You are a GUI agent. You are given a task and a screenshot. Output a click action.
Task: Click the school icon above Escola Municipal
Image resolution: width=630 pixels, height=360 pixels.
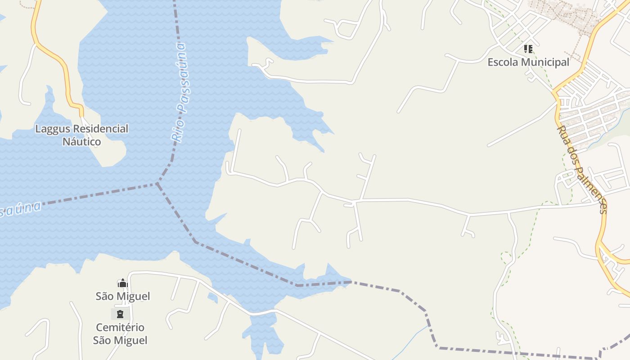[x=528, y=49]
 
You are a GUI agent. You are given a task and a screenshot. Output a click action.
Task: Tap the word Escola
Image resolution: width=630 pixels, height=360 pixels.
[x=502, y=62]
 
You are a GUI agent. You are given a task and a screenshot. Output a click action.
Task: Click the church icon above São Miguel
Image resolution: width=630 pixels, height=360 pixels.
[x=122, y=283]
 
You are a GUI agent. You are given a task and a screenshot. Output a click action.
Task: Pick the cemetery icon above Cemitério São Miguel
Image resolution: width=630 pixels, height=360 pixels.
[x=120, y=314]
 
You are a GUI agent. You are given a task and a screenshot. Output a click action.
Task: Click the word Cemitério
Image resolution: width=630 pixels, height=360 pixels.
[x=120, y=327]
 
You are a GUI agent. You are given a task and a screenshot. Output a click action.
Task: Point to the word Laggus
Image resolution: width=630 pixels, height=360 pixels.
[x=53, y=129]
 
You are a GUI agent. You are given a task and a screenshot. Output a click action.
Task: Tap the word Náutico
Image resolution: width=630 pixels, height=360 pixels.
[x=81, y=142]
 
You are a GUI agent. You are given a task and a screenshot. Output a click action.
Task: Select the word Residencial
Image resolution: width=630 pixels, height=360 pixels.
[x=100, y=129]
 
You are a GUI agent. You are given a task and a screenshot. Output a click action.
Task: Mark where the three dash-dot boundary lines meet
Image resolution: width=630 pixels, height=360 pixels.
[x=157, y=184]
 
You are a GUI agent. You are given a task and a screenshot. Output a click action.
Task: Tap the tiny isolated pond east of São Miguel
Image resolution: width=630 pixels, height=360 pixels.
[x=212, y=297]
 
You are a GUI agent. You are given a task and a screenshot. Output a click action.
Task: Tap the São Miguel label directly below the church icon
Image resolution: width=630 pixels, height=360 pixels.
[x=123, y=296]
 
